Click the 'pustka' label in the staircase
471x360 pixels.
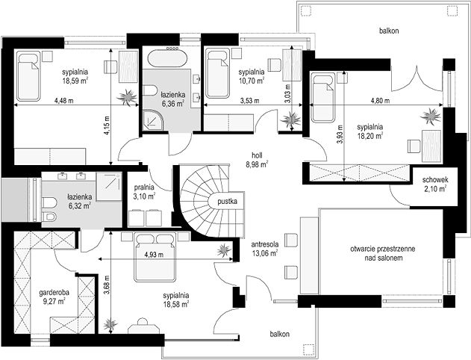[228, 202]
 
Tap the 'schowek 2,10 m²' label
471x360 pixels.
[435, 184]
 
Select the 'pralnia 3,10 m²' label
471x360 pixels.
[144, 192]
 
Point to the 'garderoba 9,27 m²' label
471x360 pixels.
[54, 297]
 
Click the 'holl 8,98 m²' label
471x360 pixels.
[257, 160]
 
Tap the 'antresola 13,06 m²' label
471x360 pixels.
[265, 249]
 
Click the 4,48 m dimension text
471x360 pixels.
[63, 101]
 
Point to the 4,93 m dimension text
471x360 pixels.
[154, 255]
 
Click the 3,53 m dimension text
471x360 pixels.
[249, 101]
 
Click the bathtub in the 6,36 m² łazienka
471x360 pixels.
[168, 58]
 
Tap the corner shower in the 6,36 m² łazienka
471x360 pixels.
[153, 120]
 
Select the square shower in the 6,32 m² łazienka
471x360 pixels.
[109, 186]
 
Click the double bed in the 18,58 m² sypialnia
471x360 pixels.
[155, 257]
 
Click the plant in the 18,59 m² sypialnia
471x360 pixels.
[127, 97]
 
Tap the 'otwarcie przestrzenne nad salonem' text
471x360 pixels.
[383, 253]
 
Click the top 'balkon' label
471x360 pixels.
[389, 31]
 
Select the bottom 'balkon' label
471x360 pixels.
[279, 334]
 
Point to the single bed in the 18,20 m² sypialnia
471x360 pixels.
[322, 97]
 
